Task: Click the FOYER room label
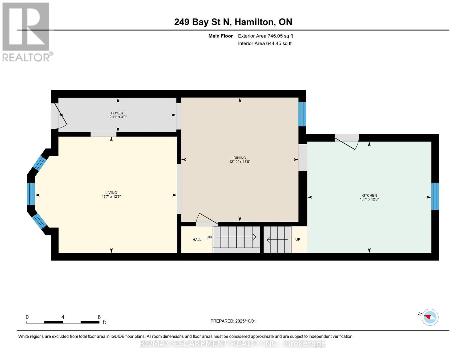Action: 117,113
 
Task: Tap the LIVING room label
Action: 111,193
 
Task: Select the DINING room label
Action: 239,157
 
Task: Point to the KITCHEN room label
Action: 369,195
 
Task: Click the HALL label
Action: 197,239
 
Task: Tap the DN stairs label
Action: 209,237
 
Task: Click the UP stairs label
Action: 298,239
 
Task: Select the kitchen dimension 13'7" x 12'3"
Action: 369,199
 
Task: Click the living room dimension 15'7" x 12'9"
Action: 111,197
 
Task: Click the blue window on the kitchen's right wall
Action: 435,196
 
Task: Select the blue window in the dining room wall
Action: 302,114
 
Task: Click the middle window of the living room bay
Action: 31,194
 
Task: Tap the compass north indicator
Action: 430,317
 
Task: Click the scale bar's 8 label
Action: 99,317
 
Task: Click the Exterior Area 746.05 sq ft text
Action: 265,36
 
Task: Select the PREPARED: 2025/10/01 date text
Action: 233,321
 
